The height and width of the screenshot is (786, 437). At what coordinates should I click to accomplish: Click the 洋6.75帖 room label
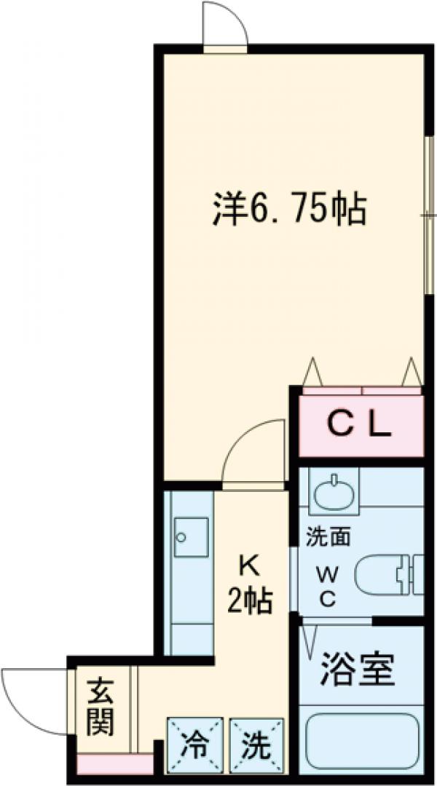(x=288, y=210)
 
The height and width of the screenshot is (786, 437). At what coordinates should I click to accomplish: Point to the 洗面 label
(x=328, y=538)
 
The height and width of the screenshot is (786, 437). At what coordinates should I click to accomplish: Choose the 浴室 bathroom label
(x=357, y=671)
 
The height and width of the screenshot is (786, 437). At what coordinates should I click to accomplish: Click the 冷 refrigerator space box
(x=194, y=745)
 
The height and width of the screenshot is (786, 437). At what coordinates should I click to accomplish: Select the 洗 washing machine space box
(x=256, y=745)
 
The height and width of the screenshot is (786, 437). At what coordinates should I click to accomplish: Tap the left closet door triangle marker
(x=313, y=373)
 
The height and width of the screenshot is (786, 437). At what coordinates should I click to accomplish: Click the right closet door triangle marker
(x=412, y=373)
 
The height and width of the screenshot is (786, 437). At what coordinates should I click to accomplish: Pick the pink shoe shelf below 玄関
(x=114, y=764)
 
